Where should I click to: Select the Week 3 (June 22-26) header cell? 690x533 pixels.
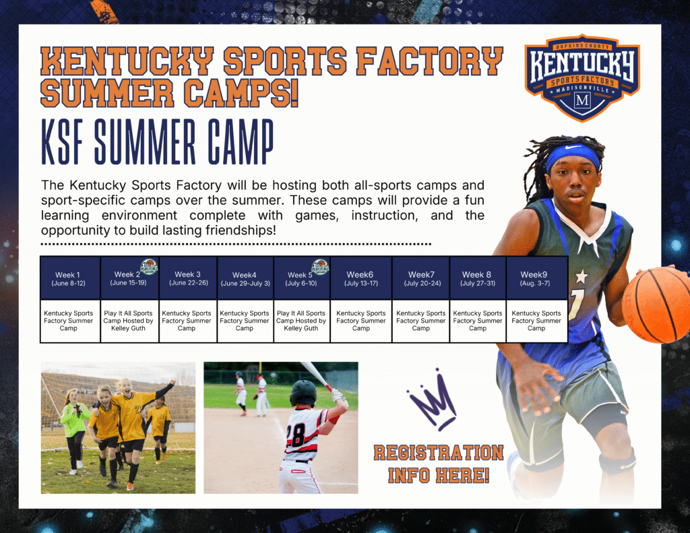point(188,278)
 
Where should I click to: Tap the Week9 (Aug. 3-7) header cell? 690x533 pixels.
point(536,278)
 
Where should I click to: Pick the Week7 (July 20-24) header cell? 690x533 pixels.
point(420,278)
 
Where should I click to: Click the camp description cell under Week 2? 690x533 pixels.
point(129,321)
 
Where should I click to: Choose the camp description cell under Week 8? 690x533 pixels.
point(478,321)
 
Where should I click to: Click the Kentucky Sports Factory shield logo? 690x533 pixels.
point(582,77)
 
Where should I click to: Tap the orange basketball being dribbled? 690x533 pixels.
point(655,305)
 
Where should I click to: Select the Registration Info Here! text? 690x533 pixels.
point(438,464)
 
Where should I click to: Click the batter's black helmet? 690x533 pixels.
point(303,394)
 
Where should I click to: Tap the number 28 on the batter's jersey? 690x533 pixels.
point(295,435)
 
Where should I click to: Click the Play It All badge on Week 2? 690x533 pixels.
point(149,267)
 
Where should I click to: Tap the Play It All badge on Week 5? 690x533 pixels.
point(320,267)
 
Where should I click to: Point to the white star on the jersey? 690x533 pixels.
point(582,277)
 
